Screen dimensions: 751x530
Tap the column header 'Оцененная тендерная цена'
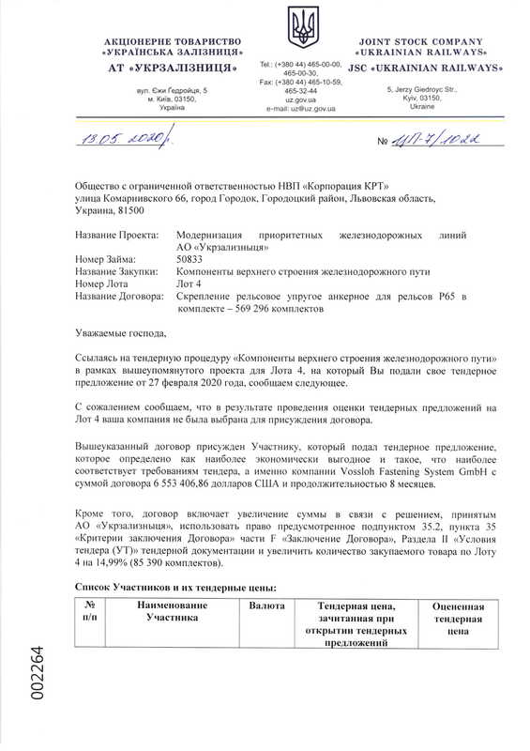(458, 621)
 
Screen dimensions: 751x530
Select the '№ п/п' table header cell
(90, 613)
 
